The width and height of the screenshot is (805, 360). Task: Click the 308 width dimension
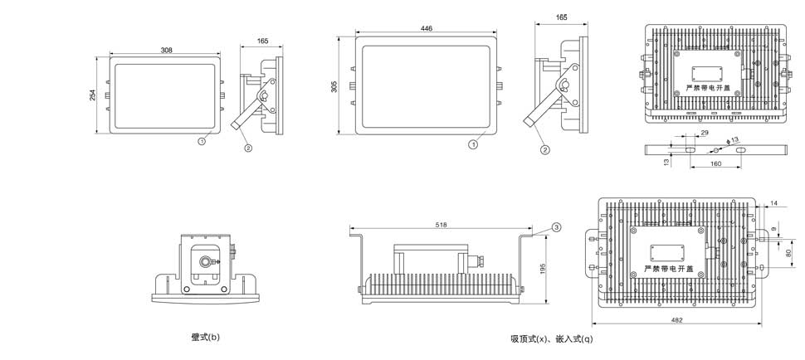[x=167, y=51]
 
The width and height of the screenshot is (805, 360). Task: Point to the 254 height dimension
[x=92, y=95]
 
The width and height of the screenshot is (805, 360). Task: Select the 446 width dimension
[x=427, y=29]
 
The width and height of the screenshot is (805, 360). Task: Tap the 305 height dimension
[x=334, y=86]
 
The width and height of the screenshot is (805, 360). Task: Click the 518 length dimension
[x=442, y=224]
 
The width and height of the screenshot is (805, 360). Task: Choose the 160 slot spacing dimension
[x=715, y=164]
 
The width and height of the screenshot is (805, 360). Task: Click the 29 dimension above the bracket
[x=705, y=133]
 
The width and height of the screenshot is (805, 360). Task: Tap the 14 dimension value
[x=773, y=203]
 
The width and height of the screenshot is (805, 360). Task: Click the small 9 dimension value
[x=774, y=228]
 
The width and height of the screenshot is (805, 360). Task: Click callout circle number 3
[x=556, y=226]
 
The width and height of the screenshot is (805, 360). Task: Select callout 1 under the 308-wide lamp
[x=202, y=142]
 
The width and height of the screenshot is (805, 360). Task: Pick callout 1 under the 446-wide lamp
[x=473, y=145]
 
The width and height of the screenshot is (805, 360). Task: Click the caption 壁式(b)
[x=205, y=337]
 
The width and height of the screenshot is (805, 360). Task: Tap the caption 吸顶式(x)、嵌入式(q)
[x=551, y=338]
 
